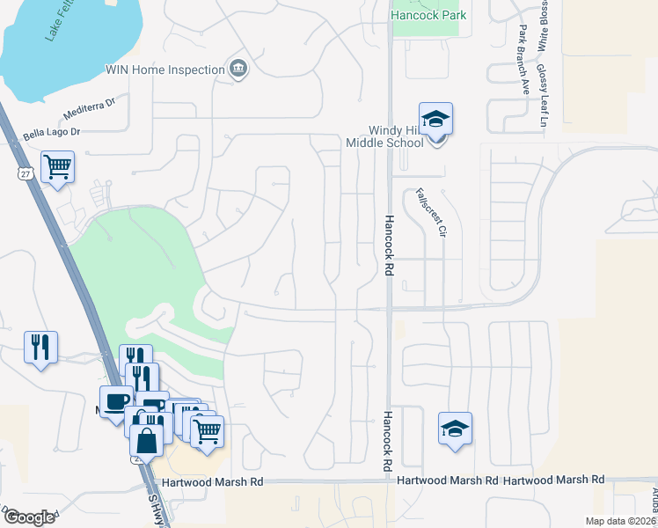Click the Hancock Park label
click(x=429, y=15)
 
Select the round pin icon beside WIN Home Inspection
click(x=238, y=70)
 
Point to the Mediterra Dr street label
click(x=90, y=109)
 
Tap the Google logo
click(x=30, y=517)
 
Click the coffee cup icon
click(x=115, y=402)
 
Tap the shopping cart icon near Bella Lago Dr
click(x=57, y=165)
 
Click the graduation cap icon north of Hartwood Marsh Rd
click(x=455, y=429)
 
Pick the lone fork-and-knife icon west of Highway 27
click(x=40, y=347)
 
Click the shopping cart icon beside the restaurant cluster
click(x=206, y=432)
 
